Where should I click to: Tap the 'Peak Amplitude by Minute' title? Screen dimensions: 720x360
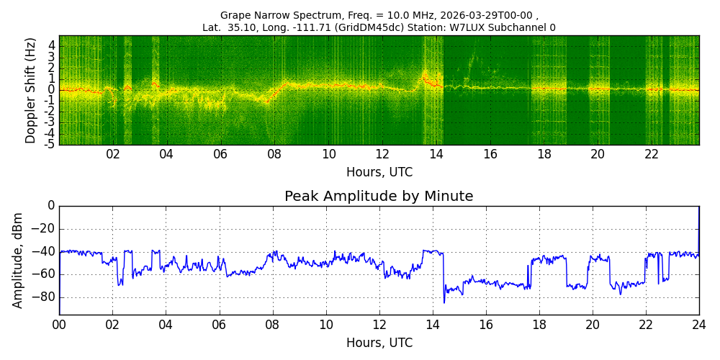(x=379, y=197)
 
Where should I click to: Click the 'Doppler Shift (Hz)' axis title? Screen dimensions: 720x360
(x=30, y=90)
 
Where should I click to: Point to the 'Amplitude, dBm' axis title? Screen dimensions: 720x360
(x=17, y=261)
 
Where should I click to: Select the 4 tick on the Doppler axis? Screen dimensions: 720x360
(x=53, y=45)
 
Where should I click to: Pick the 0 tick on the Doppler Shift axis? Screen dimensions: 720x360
(x=53, y=89)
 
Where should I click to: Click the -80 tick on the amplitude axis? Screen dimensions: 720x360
(x=44, y=297)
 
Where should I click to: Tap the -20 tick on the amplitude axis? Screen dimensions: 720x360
(x=44, y=229)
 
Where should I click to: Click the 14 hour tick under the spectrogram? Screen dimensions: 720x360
(x=437, y=156)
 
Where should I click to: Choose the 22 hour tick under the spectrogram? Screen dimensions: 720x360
(x=652, y=156)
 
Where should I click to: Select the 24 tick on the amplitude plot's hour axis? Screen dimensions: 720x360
(x=699, y=325)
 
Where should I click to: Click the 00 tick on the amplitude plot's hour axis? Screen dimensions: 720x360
(x=60, y=325)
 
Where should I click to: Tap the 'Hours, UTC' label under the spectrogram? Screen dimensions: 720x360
(x=379, y=173)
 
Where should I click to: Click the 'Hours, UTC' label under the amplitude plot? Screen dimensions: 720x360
(x=379, y=343)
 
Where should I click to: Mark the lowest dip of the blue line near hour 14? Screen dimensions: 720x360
(x=444, y=302)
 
